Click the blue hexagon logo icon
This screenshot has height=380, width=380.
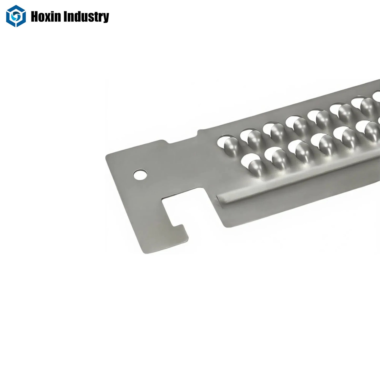pos(16,16)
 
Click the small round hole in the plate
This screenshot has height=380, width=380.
pos(140,174)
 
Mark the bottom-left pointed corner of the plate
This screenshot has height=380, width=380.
pos(144,253)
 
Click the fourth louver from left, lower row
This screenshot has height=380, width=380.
pos(321,142)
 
